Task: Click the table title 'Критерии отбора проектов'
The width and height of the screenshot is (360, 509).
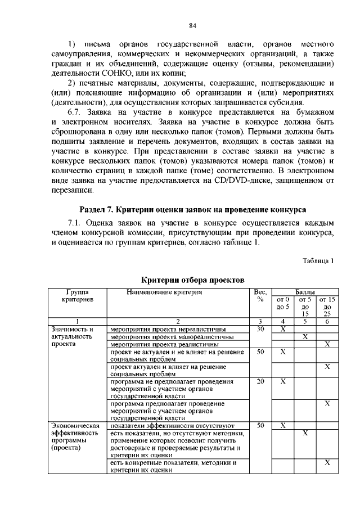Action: click(192, 280)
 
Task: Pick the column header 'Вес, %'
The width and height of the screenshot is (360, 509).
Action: click(260, 296)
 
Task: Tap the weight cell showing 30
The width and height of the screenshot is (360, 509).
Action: click(260, 329)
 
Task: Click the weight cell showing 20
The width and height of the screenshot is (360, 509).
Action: click(260, 381)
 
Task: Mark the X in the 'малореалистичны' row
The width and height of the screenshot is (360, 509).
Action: click(305, 336)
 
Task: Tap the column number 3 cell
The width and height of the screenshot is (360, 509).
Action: click(260, 321)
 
